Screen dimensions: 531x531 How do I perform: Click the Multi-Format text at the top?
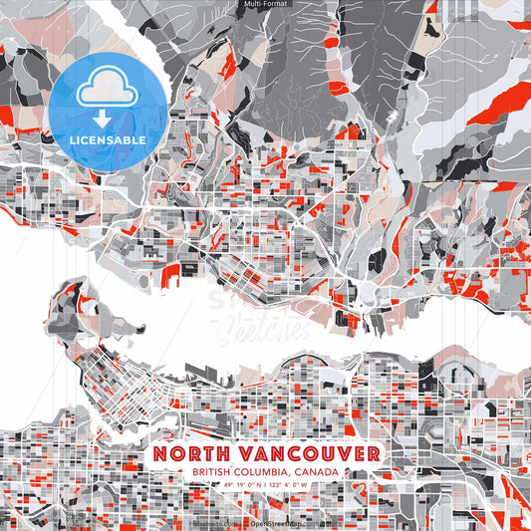(x=265, y=5)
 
